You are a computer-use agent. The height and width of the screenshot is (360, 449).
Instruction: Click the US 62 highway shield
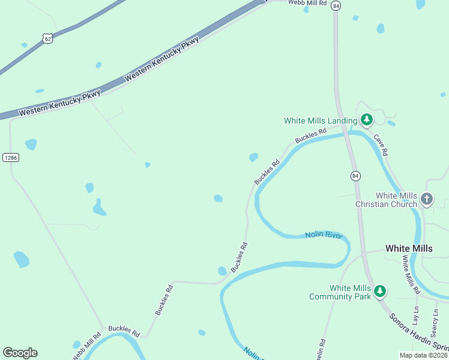tap(47, 38)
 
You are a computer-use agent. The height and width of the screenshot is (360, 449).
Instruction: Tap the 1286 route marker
tap(11, 158)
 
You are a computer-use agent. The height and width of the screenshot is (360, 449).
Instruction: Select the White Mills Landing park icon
tap(366, 119)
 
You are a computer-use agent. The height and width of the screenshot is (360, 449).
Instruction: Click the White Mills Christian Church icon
tap(427, 199)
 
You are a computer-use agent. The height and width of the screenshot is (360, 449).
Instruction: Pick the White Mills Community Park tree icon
tap(379, 292)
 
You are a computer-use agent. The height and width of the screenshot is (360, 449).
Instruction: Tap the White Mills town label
tap(408, 248)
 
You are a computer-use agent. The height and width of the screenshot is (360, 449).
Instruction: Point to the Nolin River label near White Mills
tap(323, 235)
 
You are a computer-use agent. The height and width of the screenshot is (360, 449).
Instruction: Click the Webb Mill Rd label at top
tap(307, 3)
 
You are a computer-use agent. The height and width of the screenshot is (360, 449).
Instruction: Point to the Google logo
tap(20, 353)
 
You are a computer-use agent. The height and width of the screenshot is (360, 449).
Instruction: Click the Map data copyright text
tap(423, 355)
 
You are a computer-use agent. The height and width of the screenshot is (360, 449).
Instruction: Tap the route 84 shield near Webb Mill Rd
tap(336, 5)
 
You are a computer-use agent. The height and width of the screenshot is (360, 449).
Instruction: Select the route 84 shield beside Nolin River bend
tap(355, 176)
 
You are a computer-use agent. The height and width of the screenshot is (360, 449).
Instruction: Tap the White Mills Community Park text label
tap(340, 292)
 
